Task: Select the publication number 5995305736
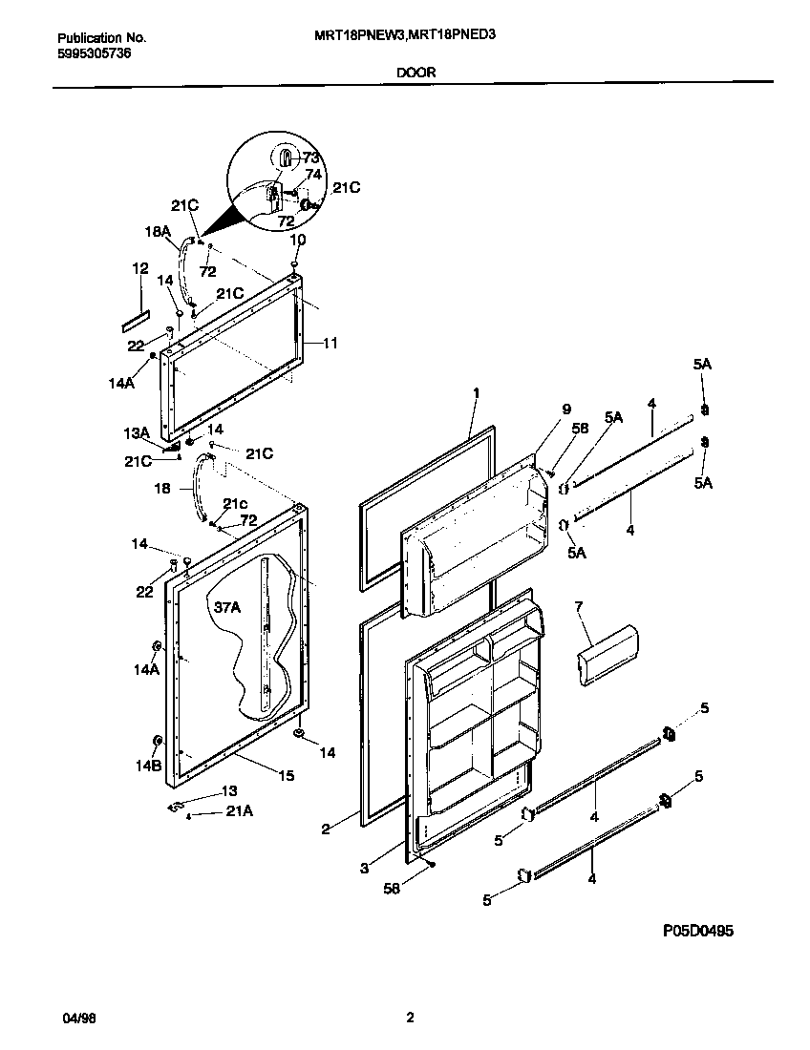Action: (95, 53)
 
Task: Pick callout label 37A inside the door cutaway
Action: (227, 607)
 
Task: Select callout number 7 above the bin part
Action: (578, 606)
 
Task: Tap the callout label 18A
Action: (158, 230)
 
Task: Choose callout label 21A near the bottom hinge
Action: (239, 811)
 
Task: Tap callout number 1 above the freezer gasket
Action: (476, 392)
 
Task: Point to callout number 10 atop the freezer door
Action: (297, 240)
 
